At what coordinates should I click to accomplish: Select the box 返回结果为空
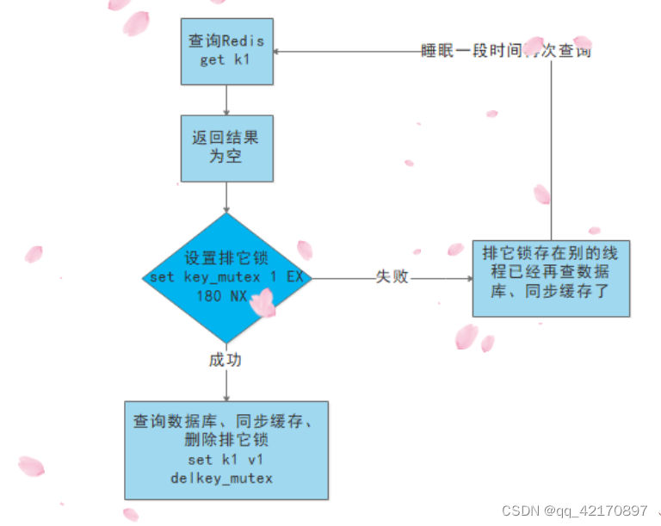226,148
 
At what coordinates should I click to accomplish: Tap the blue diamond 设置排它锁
226,277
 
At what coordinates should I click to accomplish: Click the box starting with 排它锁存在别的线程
551,277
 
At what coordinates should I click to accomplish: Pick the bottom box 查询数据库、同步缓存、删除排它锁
226,449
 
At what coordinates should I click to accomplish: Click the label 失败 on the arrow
392,277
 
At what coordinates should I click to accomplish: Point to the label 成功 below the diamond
225,360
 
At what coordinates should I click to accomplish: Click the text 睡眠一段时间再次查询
505,51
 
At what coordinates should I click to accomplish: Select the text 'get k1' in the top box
225,60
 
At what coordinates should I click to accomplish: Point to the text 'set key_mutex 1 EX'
227,277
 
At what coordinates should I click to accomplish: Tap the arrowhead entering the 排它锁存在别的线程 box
468,278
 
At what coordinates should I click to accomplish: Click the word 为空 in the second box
227,158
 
